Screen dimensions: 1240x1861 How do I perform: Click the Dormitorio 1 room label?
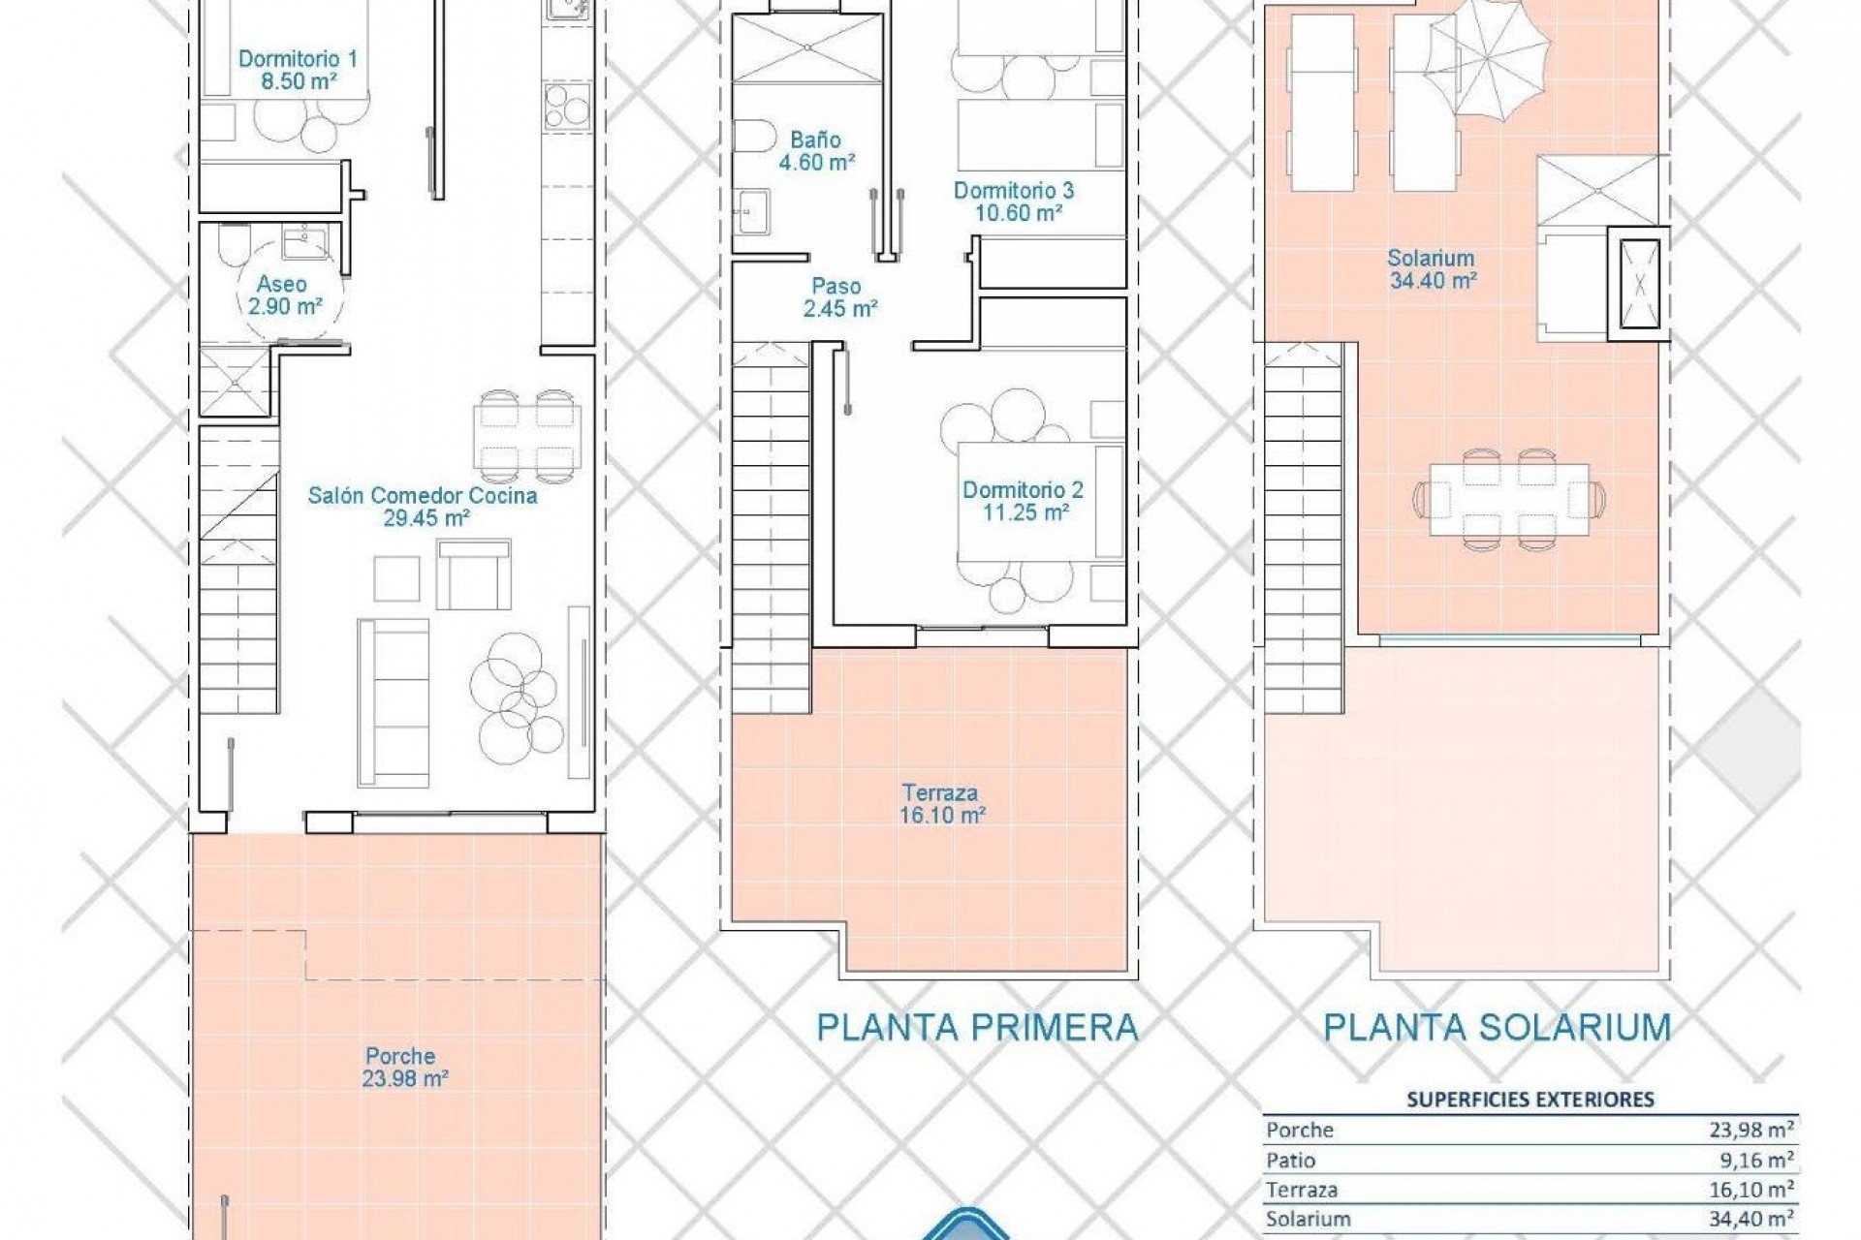tap(298, 71)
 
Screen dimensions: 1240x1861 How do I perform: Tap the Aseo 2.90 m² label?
tap(281, 295)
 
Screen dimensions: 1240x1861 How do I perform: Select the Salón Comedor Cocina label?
tap(423, 507)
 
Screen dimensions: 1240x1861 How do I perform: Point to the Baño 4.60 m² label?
tap(816, 151)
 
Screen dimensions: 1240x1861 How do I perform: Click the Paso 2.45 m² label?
tap(838, 297)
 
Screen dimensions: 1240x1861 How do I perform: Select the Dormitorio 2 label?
tap(1024, 501)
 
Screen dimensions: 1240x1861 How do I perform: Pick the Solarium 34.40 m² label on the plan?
tap(1431, 269)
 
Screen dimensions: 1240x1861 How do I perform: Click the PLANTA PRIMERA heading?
tap(977, 1028)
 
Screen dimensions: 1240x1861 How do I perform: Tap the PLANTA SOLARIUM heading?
tap(1497, 1028)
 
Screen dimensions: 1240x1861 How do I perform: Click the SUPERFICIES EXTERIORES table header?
tap(1530, 1100)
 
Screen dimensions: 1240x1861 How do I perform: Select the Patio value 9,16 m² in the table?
tap(1754, 1160)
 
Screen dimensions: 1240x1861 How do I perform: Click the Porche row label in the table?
tap(1300, 1130)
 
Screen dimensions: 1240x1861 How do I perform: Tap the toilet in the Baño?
tap(750, 137)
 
